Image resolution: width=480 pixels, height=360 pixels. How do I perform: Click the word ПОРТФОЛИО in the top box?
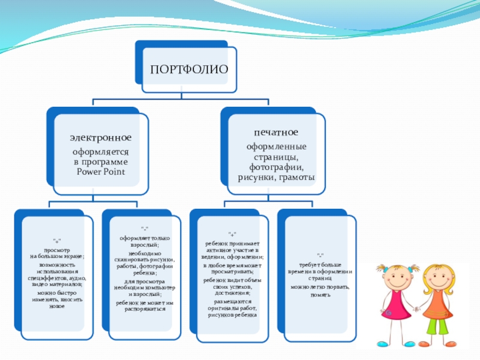[x=189, y=68]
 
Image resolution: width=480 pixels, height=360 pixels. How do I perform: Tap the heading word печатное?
[x=275, y=131]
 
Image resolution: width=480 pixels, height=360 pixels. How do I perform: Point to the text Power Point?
[x=100, y=172]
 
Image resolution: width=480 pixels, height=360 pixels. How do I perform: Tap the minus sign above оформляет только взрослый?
[x=145, y=229]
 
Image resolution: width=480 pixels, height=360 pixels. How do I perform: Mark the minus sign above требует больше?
[x=320, y=255]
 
